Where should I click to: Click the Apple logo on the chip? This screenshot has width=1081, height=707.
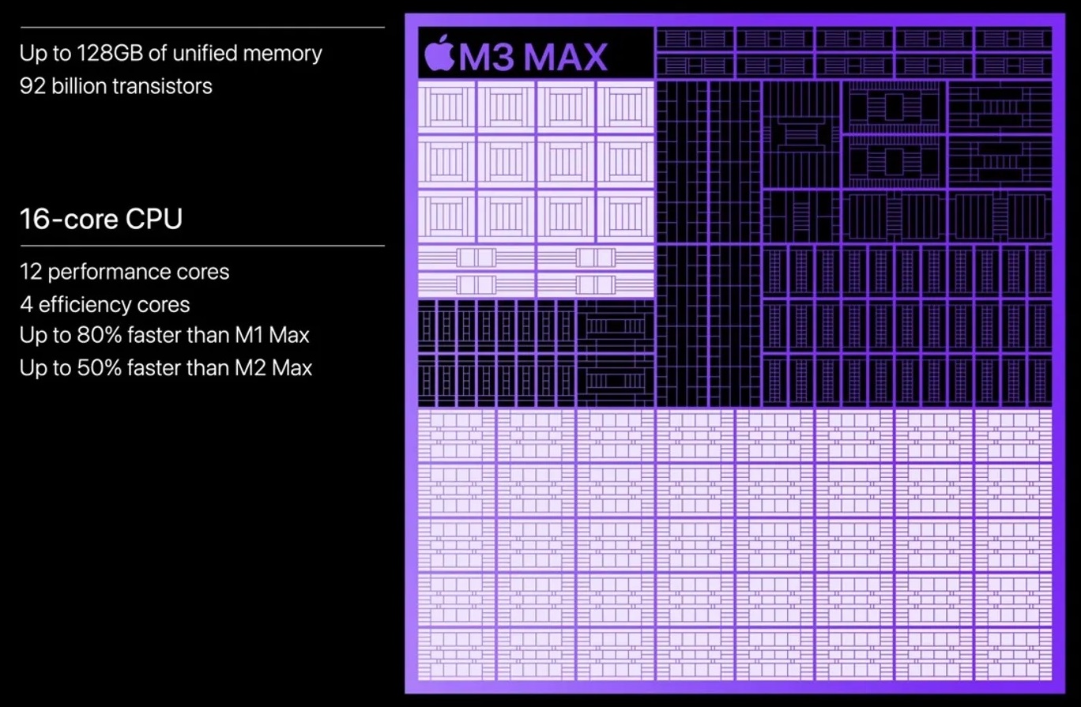coord(439,53)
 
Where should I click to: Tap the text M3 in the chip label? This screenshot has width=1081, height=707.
coord(487,57)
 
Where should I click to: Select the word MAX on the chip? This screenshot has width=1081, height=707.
coord(566,57)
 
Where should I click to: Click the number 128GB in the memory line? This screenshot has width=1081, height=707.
coord(110,53)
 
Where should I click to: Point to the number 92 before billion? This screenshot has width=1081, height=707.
coord(32,86)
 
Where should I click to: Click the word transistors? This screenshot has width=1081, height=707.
coord(163,86)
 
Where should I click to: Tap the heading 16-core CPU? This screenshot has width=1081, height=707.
coord(101,219)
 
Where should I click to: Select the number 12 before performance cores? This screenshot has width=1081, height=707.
coord(31,272)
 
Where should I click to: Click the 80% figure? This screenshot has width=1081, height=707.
coord(99,335)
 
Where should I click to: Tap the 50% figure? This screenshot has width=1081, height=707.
coord(99,368)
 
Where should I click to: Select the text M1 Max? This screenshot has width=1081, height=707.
coord(272,335)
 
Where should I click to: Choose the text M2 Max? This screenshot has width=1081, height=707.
coord(273,368)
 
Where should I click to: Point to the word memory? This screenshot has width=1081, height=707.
coord(282,54)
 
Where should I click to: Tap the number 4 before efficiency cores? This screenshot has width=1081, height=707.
coord(26,305)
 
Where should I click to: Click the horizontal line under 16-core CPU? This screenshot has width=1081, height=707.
coord(202,246)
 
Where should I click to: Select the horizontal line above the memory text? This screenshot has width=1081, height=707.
coord(202,27)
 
